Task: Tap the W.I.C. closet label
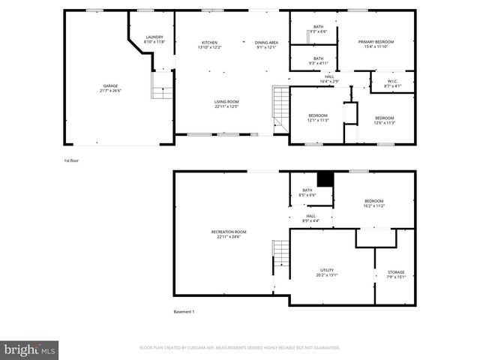point(392,83)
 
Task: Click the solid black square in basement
point(325,179)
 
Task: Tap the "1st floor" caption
point(72,160)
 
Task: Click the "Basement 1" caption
point(184,312)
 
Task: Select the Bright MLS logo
point(30,349)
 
